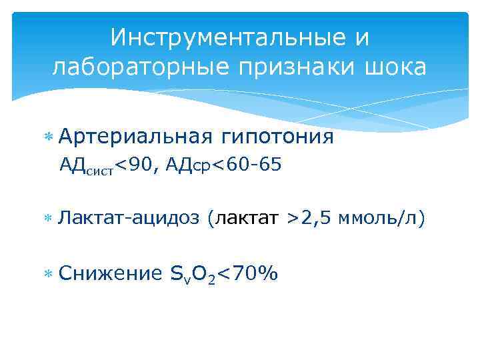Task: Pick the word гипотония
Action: coord(275,137)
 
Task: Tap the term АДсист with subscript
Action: coord(87,166)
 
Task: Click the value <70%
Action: coord(251,273)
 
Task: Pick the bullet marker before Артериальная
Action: coord(47,137)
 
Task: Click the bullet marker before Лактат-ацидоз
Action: coord(47,217)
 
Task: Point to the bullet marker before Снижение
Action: coord(47,274)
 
